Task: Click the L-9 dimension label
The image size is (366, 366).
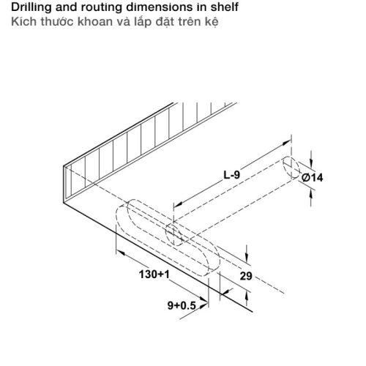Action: click(x=232, y=175)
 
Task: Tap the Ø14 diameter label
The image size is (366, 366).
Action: click(x=312, y=177)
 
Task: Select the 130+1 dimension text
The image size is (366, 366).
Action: click(x=154, y=274)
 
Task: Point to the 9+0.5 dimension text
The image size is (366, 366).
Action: click(x=182, y=305)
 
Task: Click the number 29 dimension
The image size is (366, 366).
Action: click(x=246, y=276)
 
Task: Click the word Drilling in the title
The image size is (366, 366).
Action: click(x=31, y=7)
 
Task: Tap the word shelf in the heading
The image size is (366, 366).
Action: click(x=225, y=7)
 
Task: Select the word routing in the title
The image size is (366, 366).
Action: click(x=101, y=7)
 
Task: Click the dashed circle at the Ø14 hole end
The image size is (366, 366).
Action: click(x=291, y=168)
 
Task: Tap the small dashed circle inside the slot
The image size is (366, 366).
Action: click(x=175, y=234)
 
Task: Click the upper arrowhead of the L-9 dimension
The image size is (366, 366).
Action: click(x=286, y=143)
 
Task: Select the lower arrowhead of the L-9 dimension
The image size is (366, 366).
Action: click(x=179, y=203)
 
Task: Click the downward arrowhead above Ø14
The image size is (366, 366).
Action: click(x=311, y=163)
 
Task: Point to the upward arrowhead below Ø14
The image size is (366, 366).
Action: click(x=310, y=195)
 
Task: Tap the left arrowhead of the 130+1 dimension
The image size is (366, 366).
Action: click(x=121, y=253)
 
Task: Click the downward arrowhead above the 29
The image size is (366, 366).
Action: click(x=247, y=258)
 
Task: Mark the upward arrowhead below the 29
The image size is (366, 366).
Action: click(x=247, y=296)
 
